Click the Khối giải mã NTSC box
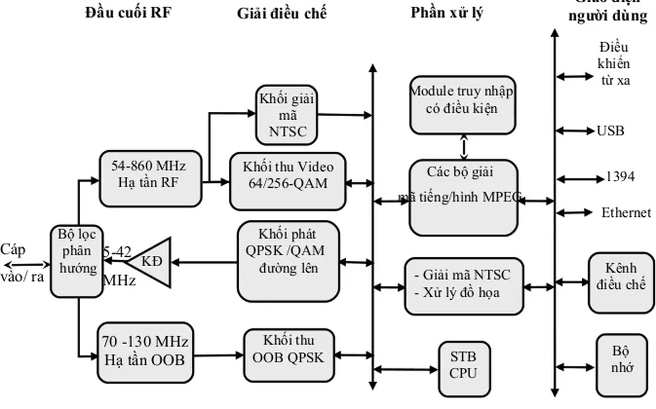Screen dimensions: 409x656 (x=287, y=115)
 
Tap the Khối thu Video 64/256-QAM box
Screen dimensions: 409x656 (x=288, y=181)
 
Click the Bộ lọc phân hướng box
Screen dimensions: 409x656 (x=77, y=261)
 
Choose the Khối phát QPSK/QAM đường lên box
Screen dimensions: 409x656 (x=288, y=261)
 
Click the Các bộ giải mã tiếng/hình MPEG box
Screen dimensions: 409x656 (x=463, y=197)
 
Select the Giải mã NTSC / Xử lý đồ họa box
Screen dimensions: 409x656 (x=463, y=286)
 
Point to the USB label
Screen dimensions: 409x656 (x=610, y=131)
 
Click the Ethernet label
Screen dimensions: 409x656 (x=626, y=213)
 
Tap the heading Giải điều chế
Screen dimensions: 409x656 (x=282, y=13)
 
